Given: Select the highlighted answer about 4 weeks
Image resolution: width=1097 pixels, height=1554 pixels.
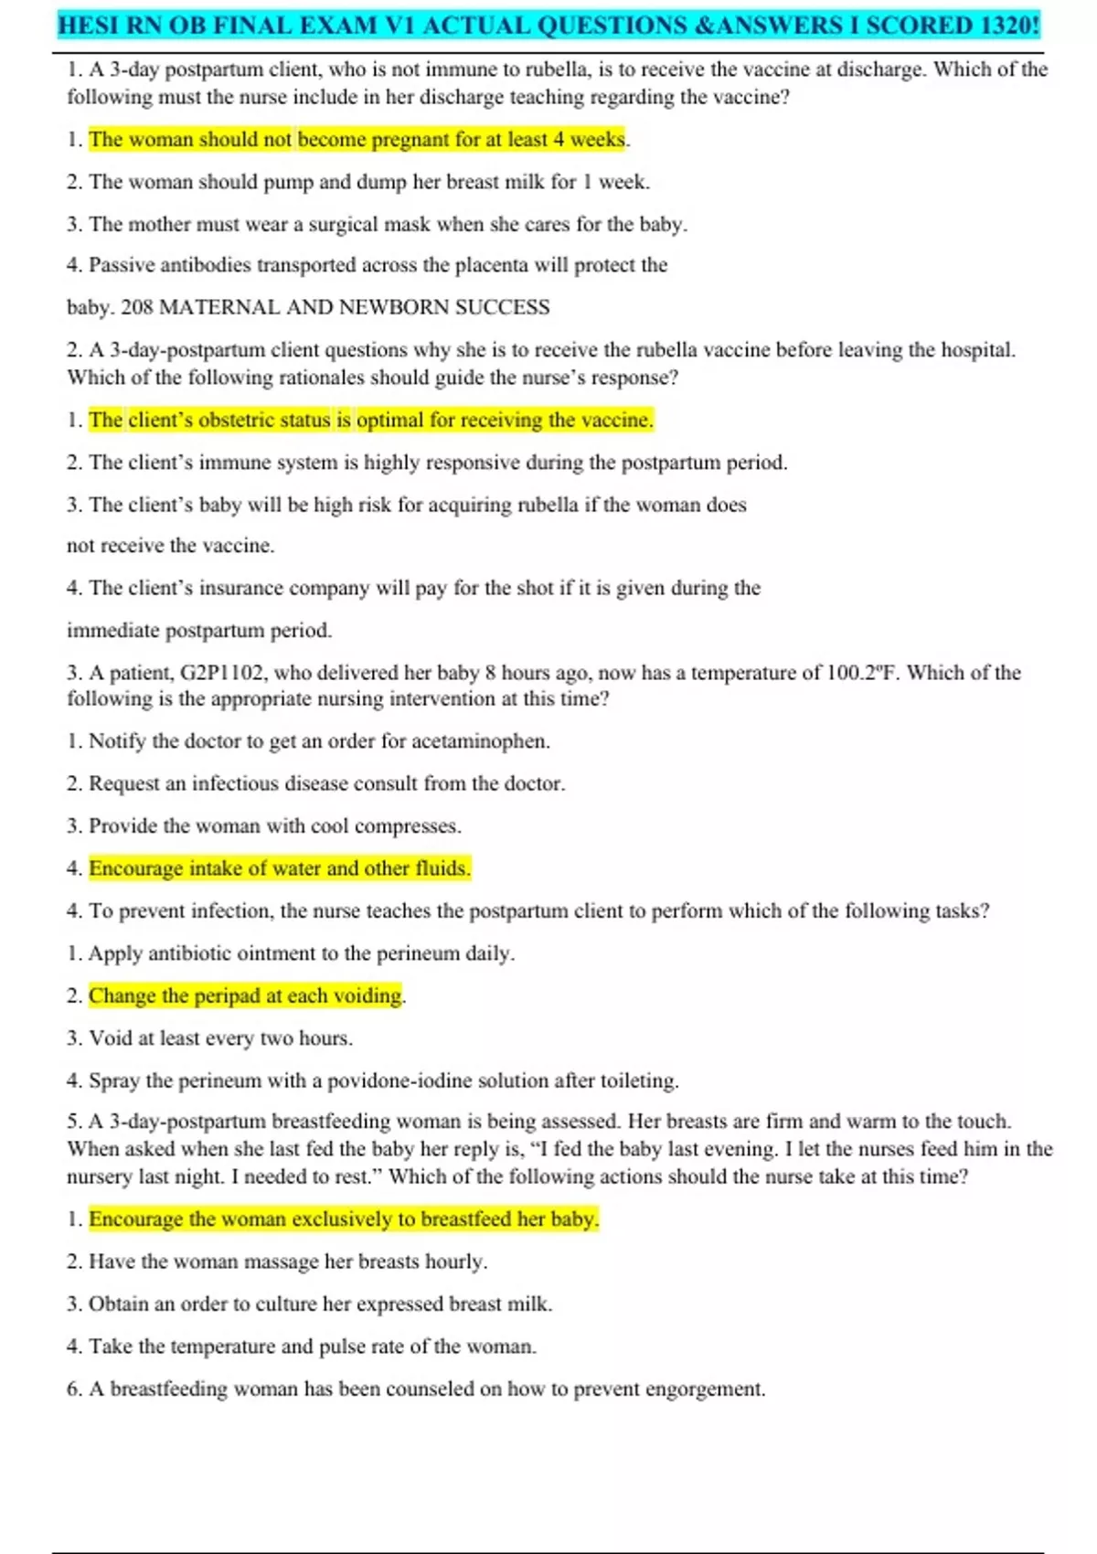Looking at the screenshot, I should click(x=357, y=140).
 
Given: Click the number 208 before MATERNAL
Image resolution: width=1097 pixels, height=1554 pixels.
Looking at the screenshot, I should click(x=137, y=307).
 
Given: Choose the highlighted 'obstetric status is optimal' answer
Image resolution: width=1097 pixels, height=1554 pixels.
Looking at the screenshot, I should click(x=371, y=420).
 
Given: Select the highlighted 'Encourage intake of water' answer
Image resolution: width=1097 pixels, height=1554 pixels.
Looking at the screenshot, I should click(x=280, y=868).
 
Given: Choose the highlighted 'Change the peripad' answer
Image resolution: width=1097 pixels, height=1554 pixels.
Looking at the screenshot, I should click(x=246, y=995).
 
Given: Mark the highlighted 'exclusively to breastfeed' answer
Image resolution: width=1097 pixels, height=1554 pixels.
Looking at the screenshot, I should click(x=344, y=1219).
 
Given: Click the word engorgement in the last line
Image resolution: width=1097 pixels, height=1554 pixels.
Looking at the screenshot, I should click(x=704, y=1389).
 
